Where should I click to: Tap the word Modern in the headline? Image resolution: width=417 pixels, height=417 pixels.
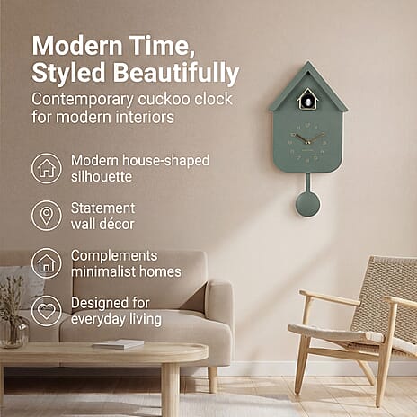pos(77,44)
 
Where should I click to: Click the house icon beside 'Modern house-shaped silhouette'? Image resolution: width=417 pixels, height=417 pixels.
pos(46,168)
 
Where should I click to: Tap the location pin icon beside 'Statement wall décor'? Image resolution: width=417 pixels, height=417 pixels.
pos(46,216)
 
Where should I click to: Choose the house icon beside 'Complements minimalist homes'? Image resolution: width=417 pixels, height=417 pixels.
pos(46,263)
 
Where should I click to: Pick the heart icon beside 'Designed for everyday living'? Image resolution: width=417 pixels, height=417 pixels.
pos(46,311)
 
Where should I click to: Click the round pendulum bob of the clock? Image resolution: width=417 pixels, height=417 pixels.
pos(307,204)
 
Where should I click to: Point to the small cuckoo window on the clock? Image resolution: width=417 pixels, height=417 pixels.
pos(307,100)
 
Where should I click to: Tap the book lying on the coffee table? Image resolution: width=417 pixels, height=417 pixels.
pos(119,343)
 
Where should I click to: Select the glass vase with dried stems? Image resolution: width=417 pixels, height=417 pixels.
pos(13,328)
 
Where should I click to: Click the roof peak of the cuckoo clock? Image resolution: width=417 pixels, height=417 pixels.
pos(307,65)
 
